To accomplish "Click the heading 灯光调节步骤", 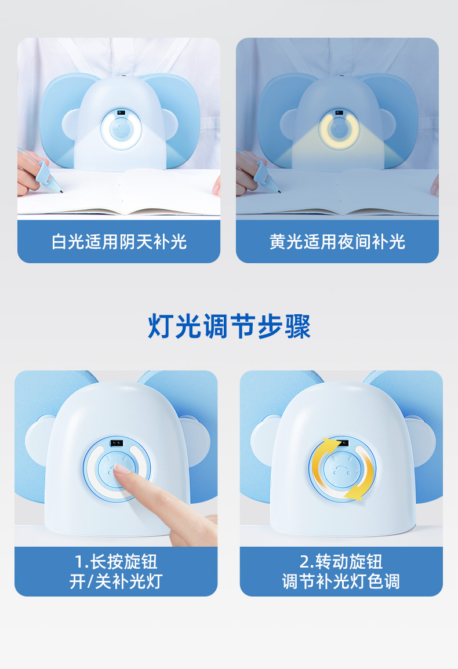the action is [229, 326].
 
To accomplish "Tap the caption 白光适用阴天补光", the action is [119, 242].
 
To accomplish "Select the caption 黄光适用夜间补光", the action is [337, 242].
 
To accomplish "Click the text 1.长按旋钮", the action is [116, 562].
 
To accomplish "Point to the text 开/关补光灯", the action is [116, 581].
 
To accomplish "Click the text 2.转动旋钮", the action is [341, 562].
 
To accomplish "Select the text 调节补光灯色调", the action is [341, 581].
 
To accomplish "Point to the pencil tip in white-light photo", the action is [61, 191].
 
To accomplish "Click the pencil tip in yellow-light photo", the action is [279, 191].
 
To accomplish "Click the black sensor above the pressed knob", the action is [117, 443].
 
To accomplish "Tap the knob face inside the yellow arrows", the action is [341, 470].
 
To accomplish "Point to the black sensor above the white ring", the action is [121, 112].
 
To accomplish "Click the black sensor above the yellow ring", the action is [339, 112].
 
